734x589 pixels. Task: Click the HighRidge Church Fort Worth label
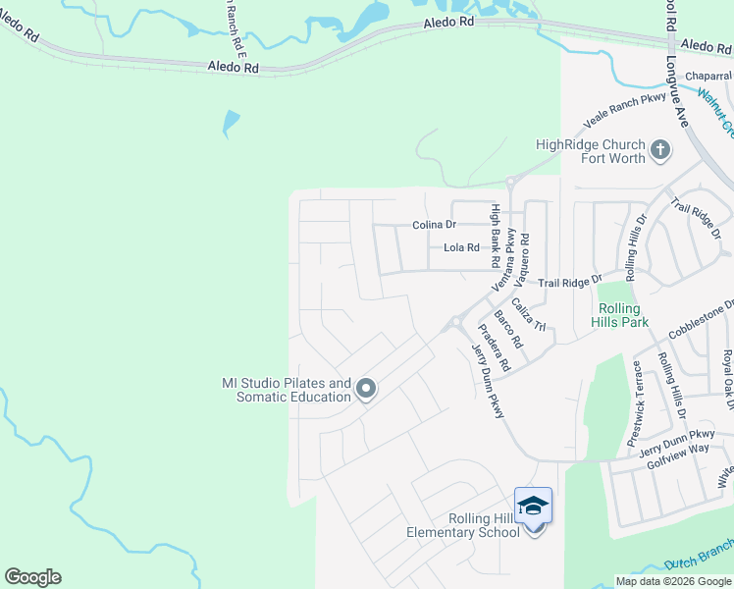(x=590, y=151)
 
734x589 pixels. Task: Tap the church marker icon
(x=660, y=150)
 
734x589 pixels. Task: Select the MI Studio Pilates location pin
(x=366, y=390)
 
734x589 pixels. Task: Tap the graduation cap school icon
(x=533, y=506)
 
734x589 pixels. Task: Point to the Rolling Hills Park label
(x=620, y=314)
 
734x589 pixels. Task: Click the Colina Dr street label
(x=435, y=225)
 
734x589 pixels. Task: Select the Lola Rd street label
(x=461, y=248)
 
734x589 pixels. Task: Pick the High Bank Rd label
(x=496, y=236)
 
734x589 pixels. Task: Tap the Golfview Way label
(x=677, y=449)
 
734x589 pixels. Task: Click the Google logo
(x=32, y=577)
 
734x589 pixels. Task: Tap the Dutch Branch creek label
(x=699, y=558)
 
